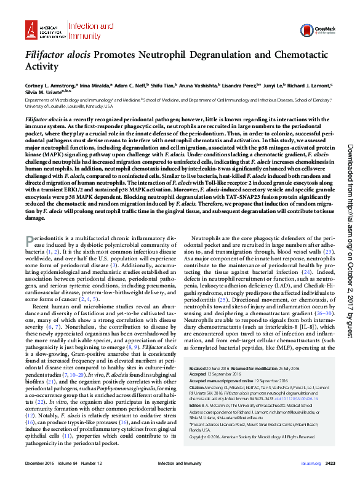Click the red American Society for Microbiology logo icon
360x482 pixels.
(x=31, y=28)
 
